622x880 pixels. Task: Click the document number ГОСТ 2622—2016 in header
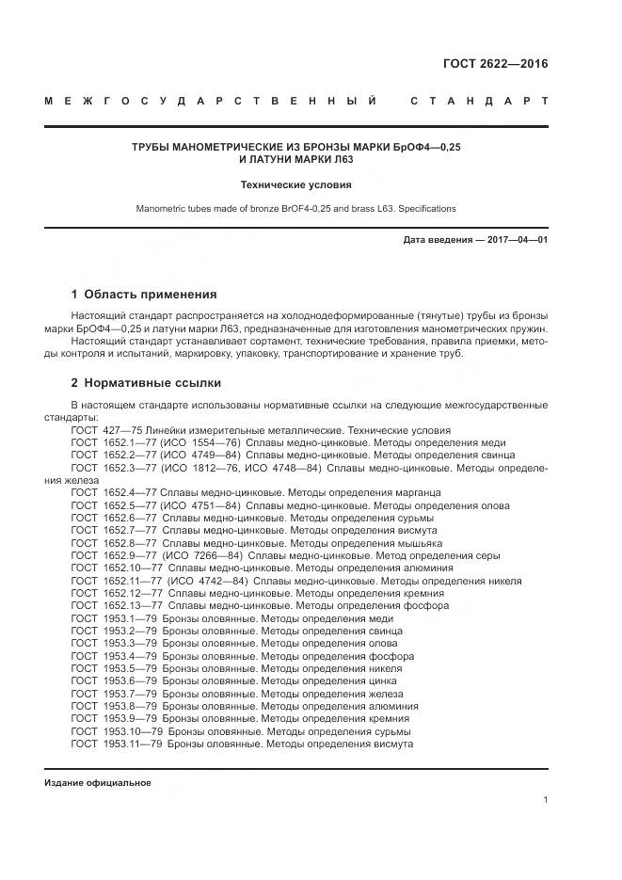tap(495, 64)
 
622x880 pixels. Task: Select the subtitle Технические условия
tap(296, 185)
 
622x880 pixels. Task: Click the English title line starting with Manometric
tap(296, 208)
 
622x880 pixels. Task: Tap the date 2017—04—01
tap(516, 240)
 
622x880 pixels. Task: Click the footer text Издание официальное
tap(98, 783)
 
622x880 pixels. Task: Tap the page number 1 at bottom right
tap(546, 799)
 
